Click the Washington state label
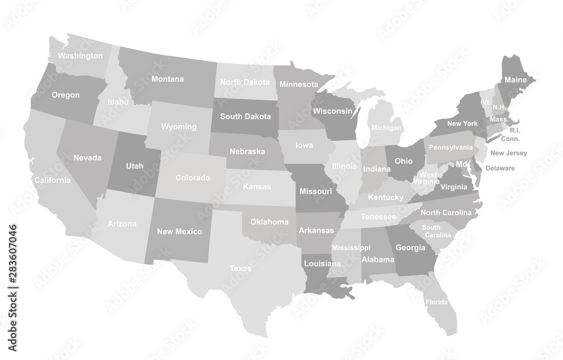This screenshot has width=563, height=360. pos(81,56)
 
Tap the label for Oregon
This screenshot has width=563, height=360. pos(65,95)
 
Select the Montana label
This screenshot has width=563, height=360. pos(167,79)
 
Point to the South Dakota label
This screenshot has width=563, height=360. pos(245,117)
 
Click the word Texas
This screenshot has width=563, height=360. pos(240,268)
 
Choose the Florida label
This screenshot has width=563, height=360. pos(436,302)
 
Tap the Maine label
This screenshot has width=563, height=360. pos(515,80)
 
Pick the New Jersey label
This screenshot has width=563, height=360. pos(508,153)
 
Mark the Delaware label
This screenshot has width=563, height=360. pos(500,168)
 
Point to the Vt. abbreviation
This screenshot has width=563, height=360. pos(486,102)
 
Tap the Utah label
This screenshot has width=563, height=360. pos(135,166)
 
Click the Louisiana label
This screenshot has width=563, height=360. pos(322,263)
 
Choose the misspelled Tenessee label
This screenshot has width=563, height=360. pos(378,217)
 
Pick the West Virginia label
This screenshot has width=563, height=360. pos(428,178)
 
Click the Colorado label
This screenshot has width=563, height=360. pos(193,177)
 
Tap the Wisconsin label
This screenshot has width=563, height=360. pos(332,110)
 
